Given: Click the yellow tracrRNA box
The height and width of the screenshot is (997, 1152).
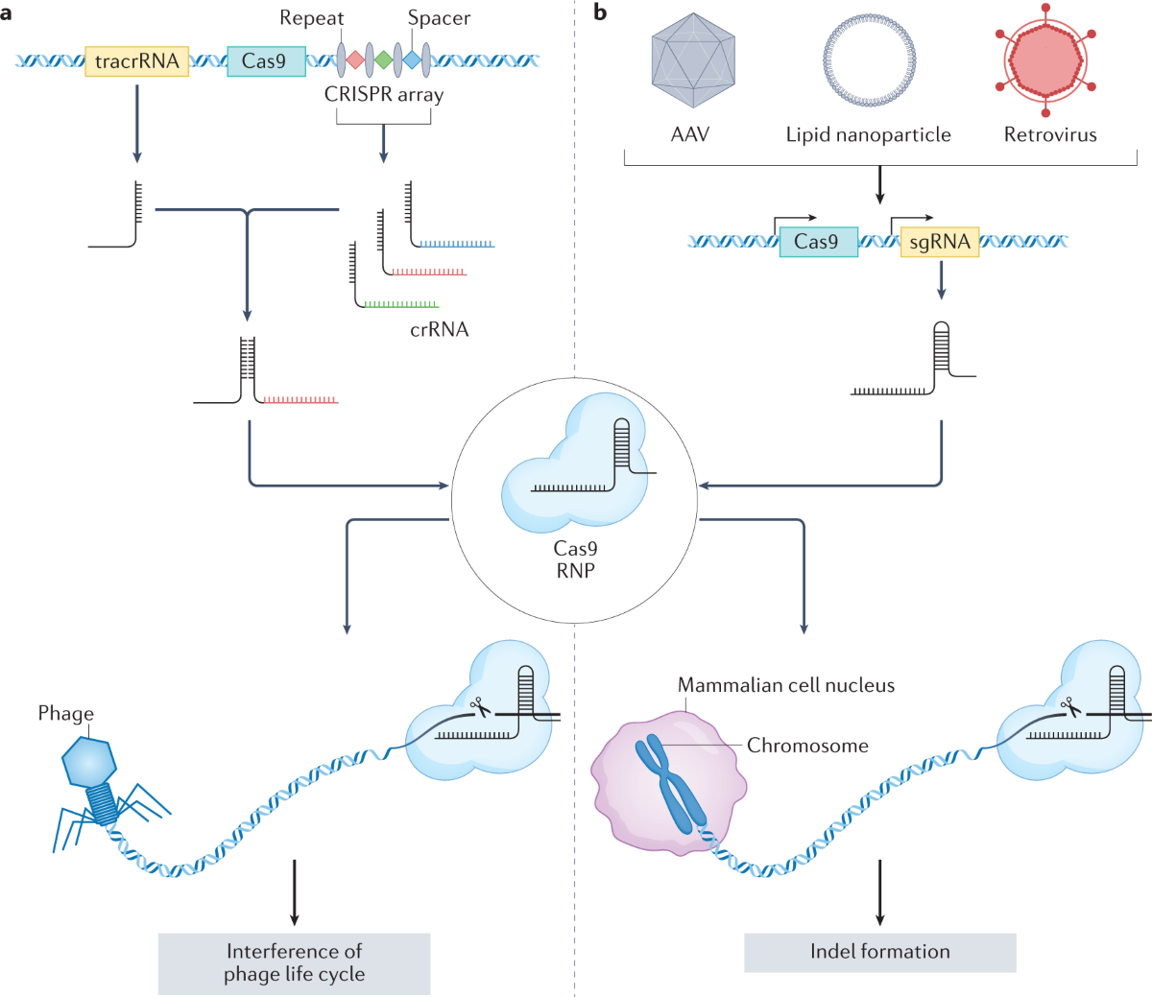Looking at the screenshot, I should (137, 61).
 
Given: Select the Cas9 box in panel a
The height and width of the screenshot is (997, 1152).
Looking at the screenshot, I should (266, 61).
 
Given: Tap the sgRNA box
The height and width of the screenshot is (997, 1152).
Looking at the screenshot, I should (939, 242).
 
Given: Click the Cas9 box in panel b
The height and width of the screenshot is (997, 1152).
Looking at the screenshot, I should (818, 242).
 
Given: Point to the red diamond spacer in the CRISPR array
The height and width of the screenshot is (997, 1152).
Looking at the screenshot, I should (355, 60).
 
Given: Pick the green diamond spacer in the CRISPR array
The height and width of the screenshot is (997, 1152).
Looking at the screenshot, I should (383, 60).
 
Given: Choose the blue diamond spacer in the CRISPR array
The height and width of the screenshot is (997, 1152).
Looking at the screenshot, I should (412, 60).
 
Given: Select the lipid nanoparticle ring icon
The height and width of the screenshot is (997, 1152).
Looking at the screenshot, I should (869, 59).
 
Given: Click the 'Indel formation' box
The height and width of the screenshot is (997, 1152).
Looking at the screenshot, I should (879, 952).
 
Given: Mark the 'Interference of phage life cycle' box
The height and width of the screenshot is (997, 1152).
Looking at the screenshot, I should (294, 962).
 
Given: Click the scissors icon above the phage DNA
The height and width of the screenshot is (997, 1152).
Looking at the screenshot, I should (479, 707).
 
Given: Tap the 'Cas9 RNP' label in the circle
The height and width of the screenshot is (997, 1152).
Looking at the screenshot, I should (576, 559).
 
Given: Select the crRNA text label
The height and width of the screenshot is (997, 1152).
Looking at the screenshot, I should (439, 330).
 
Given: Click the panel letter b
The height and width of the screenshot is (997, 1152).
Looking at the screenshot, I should (600, 13).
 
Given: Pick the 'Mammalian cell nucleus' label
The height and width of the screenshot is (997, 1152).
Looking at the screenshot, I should (785, 685).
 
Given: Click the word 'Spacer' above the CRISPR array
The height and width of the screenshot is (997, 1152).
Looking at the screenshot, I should (439, 18).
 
